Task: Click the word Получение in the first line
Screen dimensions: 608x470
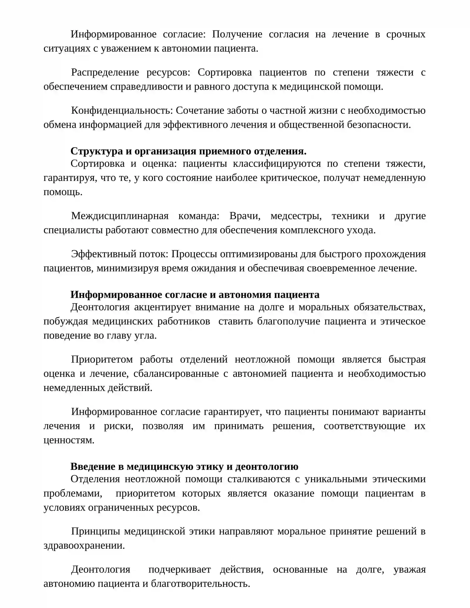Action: click(237, 34)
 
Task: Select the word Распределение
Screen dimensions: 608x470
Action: click(105, 73)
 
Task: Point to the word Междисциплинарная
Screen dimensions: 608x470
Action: click(120, 216)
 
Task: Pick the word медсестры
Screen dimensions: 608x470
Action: click(296, 216)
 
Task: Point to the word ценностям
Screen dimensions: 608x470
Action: click(69, 440)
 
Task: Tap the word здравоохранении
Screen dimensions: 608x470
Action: click(84, 545)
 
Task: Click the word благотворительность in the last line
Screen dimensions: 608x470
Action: click(200, 584)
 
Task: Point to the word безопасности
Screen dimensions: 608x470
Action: click(379, 125)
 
